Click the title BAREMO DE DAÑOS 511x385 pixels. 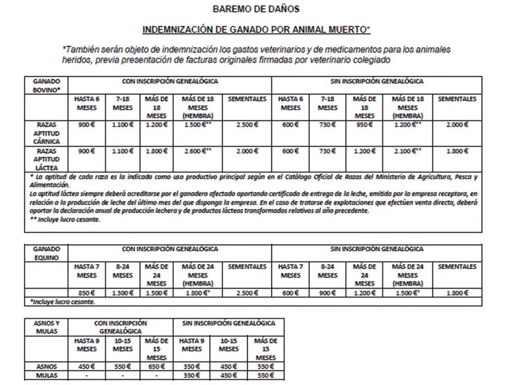pyautogui.click(x=256, y=9)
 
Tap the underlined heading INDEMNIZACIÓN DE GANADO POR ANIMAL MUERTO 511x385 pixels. pyautogui.click(x=256, y=30)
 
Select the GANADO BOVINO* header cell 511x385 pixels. pyautogui.click(x=46, y=85)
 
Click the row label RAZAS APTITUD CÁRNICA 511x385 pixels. pyautogui.click(x=46, y=133)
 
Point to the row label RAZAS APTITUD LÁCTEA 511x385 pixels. pyautogui.click(x=46, y=159)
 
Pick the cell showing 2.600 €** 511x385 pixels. pyautogui.click(x=197, y=150)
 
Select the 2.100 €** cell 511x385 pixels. pyautogui.click(x=408, y=150)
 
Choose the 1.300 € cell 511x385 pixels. pyautogui.click(x=123, y=293)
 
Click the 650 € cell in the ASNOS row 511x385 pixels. pyautogui.click(x=156, y=367)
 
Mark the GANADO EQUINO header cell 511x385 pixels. pyautogui.click(x=46, y=253)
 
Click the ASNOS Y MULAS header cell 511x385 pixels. pyautogui.click(x=46, y=327)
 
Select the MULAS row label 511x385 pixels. pyautogui.click(x=46, y=375)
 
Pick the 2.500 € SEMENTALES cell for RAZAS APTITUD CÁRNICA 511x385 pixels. pyautogui.click(x=247, y=125)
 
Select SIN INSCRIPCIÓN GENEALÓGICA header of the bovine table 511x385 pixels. pyautogui.click(x=376, y=81)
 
